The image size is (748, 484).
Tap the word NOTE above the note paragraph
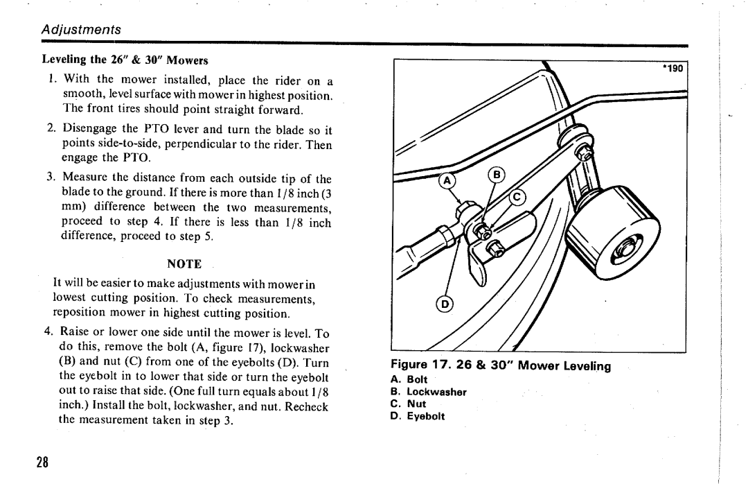[184, 264]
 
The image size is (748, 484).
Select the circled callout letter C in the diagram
[517, 200]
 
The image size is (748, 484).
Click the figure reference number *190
[672, 69]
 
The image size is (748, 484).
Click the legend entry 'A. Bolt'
[409, 380]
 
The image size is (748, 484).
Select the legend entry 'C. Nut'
[409, 404]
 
